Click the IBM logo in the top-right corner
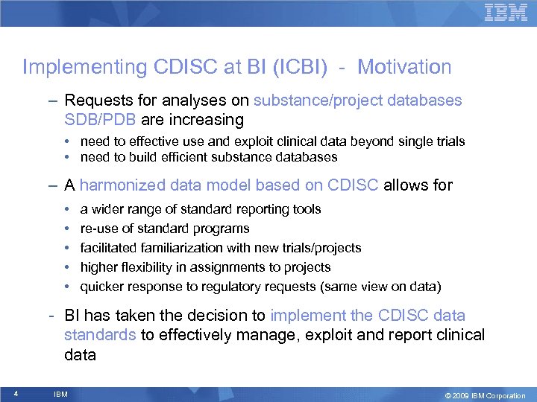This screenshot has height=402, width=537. pos(506,12)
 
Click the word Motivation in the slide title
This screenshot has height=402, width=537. pos(404,67)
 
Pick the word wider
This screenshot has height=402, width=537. pos(107,209)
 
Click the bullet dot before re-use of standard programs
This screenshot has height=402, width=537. pos(67,229)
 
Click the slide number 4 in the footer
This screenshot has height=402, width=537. pos(16,394)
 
